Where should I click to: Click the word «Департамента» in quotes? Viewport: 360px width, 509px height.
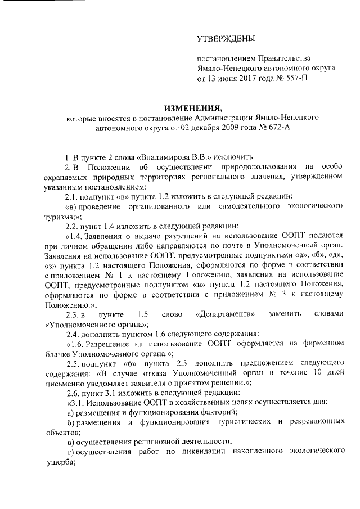click(223, 313)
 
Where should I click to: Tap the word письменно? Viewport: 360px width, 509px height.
click(62, 384)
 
